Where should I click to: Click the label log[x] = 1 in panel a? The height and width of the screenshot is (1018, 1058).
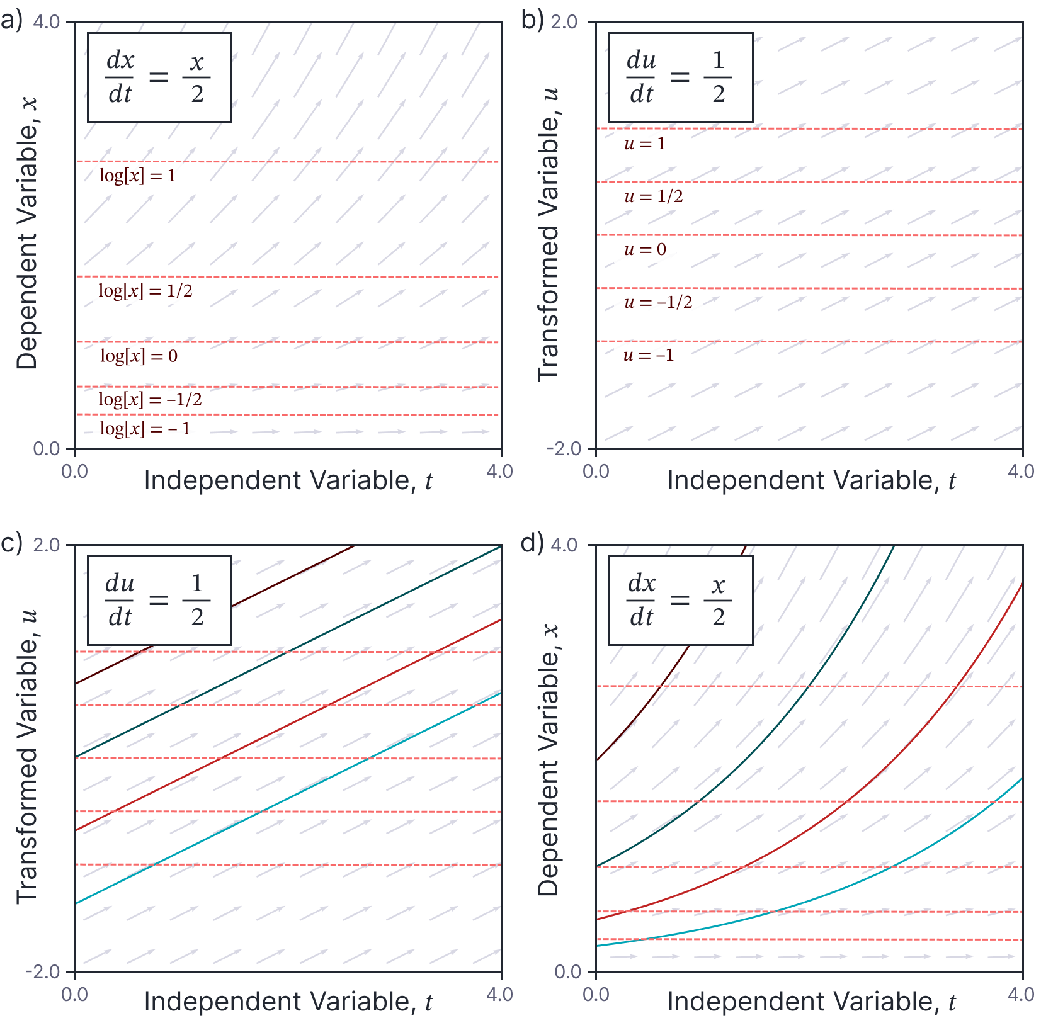coord(137,176)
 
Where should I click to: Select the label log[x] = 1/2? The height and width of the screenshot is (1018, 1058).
coord(145,291)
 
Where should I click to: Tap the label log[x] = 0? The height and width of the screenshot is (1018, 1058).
coord(139,356)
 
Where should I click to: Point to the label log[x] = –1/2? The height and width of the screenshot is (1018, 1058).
coord(150,399)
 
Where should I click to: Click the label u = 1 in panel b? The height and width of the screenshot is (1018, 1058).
coord(644,144)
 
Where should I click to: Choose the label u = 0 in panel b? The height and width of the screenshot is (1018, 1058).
coord(644,250)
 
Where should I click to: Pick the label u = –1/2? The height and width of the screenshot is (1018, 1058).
coord(658,303)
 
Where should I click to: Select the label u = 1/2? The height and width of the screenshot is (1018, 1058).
coord(653,197)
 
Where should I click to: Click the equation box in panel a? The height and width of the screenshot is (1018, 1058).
coord(159,77)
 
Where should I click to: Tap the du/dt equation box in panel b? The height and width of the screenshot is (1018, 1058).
coord(680,77)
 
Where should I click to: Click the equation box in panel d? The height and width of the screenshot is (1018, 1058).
coord(680,601)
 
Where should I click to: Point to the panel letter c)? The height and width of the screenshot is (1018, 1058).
coord(11,543)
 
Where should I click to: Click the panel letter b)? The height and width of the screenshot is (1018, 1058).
coord(533,20)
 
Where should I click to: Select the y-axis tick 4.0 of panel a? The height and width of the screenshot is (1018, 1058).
coord(46,22)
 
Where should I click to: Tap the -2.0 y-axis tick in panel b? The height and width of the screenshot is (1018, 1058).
coord(563,449)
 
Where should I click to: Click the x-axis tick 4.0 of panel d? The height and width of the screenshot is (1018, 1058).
coord(1021,995)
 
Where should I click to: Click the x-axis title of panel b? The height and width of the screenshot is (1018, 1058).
coord(811,481)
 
